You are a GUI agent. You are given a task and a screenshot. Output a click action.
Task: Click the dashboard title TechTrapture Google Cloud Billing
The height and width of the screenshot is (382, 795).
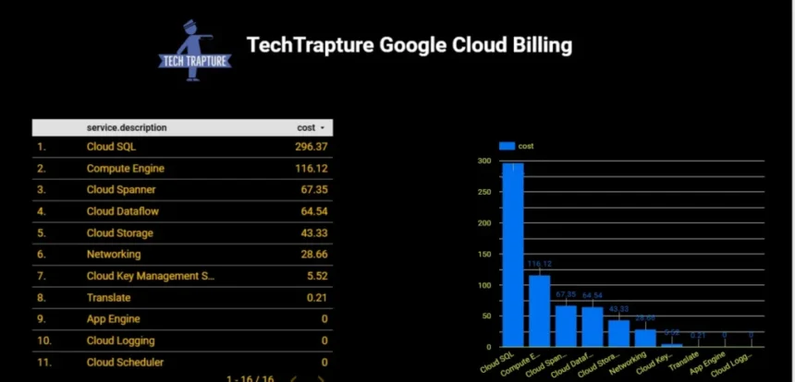pos(409,44)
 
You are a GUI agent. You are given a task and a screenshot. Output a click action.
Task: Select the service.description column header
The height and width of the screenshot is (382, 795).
pos(127,127)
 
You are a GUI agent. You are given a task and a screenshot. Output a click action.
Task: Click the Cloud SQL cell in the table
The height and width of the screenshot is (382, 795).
pos(112,146)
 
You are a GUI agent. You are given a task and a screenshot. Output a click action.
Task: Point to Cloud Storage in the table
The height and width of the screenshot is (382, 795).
pos(120,233)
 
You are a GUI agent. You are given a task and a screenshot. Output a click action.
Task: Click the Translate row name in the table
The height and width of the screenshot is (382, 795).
pos(108,298)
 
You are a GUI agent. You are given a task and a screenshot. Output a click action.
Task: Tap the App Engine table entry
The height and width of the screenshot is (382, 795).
pos(114,319)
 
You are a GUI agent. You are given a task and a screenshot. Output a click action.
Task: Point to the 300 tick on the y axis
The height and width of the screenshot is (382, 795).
pos(483,161)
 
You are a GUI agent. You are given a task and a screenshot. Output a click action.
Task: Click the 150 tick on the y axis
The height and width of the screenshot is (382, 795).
pos(483,255)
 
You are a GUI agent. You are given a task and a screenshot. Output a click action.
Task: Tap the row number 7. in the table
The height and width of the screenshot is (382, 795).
pos(42,276)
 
